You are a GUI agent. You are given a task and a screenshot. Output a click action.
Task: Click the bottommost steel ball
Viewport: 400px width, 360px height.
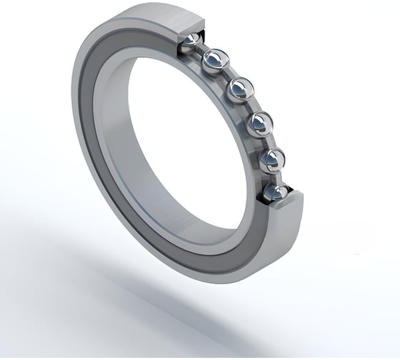click(275, 192)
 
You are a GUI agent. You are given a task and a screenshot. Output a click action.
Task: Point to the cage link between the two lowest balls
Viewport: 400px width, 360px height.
click(274, 177)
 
